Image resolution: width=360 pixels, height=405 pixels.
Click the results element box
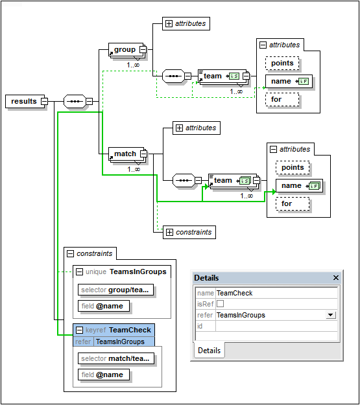pyautogui.click(x=23, y=101)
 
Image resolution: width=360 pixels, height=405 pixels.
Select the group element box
pyautogui.click(x=125, y=49)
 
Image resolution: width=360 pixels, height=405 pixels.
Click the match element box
pyautogui.click(x=125, y=154)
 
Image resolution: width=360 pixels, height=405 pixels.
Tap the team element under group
pyautogui.click(x=213, y=76)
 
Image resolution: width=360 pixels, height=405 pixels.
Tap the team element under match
pyautogui.click(x=223, y=180)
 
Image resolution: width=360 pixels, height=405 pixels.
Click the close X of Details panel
pyautogui.click(x=336, y=277)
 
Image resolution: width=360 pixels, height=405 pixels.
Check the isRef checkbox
pyautogui.click(x=221, y=304)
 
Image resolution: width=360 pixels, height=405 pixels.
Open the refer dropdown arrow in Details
pyautogui.click(x=331, y=315)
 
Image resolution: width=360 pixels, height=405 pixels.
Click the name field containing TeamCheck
pyautogui.click(x=276, y=293)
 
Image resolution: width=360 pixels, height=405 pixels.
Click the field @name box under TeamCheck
pyautogui.click(x=104, y=374)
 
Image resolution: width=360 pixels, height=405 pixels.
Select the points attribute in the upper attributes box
pyautogui.click(x=282, y=63)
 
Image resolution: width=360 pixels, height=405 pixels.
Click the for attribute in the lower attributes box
pyautogui.click(x=286, y=203)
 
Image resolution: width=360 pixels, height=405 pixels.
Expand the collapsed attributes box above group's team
pyautogui.click(x=169, y=23)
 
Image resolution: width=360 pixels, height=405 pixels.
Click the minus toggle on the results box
pyautogui.click(x=44, y=101)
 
